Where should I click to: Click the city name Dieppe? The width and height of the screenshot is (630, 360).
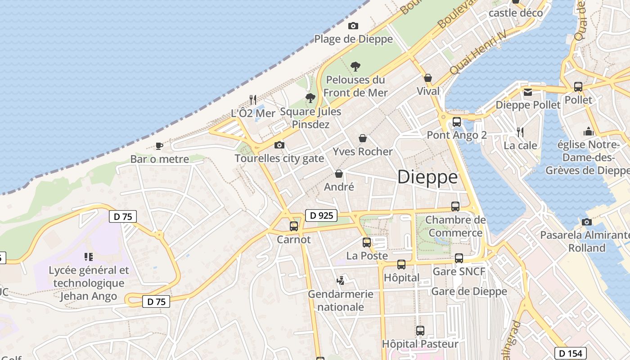point(427,177)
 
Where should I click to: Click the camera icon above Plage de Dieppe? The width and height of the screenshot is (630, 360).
point(353,26)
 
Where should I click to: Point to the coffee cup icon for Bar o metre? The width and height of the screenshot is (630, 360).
point(159,145)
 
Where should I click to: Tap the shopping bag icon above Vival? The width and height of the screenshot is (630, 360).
point(428,78)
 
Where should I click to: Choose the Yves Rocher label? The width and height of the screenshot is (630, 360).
point(363,152)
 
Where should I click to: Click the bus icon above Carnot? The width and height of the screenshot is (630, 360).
point(294,226)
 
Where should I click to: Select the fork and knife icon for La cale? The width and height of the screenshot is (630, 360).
point(520,132)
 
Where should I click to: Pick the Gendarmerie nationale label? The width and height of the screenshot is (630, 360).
point(341,301)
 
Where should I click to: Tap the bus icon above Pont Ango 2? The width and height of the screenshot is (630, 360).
point(457,121)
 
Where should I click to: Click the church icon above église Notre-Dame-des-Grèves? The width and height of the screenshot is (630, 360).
point(588,131)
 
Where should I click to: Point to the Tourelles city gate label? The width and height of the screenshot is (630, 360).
point(279,158)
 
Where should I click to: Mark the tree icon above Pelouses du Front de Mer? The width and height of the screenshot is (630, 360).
point(355,67)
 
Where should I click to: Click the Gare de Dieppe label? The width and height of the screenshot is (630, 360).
point(469,292)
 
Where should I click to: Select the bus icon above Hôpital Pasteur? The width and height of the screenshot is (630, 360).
point(420,331)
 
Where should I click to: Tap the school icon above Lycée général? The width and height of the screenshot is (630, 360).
point(89,257)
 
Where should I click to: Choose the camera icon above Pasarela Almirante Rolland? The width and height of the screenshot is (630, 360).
point(586,222)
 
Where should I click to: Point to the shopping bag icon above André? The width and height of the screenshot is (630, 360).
point(339,174)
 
